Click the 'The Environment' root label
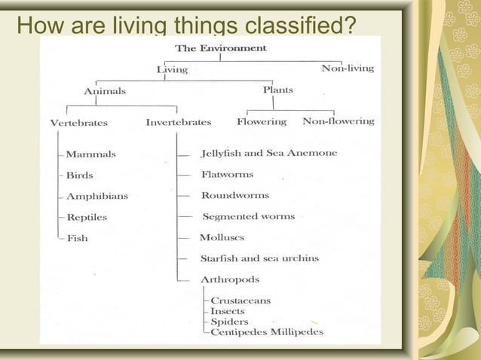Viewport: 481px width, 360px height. click(x=220, y=48)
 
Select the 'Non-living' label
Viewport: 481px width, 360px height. click(x=348, y=69)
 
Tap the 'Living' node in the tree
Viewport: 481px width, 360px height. click(x=172, y=70)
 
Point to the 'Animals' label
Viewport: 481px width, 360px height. click(x=105, y=92)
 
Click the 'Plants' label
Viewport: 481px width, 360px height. click(x=278, y=90)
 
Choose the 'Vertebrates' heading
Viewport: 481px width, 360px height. click(x=78, y=123)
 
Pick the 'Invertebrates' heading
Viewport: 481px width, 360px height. click(x=179, y=122)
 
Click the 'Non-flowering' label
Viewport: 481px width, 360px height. click(x=339, y=121)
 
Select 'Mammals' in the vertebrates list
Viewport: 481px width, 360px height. click(x=90, y=154)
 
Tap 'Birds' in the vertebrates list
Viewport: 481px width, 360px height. click(x=80, y=175)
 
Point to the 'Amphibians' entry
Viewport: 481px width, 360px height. click(x=97, y=197)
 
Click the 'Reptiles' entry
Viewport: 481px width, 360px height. click(x=87, y=218)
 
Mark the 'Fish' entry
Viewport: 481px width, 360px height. click(x=77, y=239)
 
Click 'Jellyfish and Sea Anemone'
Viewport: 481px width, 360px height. click(x=269, y=153)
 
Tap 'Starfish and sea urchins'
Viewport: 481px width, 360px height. click(x=259, y=258)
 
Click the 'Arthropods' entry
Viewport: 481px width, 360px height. click(x=230, y=279)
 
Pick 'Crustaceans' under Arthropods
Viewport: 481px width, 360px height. click(x=240, y=301)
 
